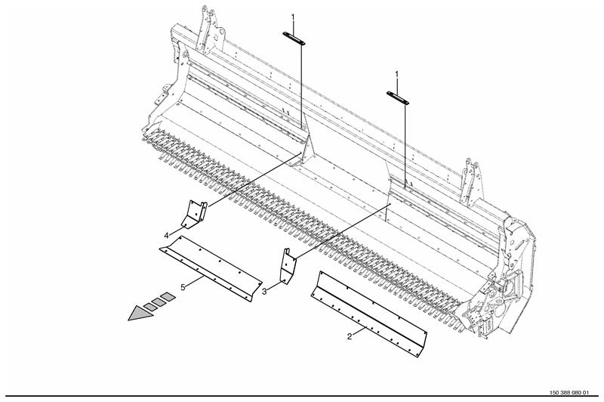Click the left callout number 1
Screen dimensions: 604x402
tap(293, 17)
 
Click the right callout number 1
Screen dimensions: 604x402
tap(397, 74)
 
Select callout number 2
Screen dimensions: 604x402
tap(350, 336)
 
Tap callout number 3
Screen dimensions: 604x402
tap(264, 292)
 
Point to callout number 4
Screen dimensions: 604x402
tap(166, 236)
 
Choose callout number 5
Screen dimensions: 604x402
tap(183, 287)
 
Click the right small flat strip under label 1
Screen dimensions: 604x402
tap(398, 98)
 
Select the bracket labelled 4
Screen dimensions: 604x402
tap(195, 215)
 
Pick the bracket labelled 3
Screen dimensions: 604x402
tap(288, 266)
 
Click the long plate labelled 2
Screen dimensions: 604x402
tap(369, 314)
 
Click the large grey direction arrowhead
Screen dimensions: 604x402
tap(140, 313)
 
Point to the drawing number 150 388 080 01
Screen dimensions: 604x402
tap(569, 393)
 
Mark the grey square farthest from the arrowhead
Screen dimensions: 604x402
tap(168, 297)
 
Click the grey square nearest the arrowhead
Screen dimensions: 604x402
tap(150, 307)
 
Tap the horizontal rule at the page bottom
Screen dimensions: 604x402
tap(302, 396)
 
